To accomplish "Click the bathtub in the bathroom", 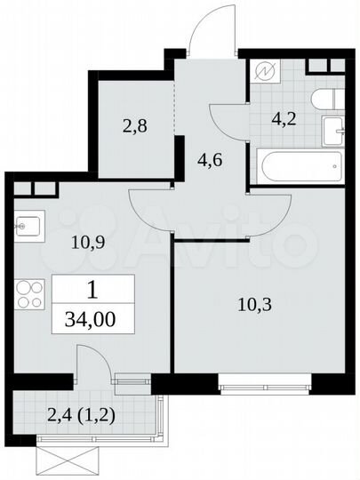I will [x=297, y=164].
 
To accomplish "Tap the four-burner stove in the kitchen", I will [x=29, y=292].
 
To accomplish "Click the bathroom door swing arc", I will [x=227, y=118].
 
